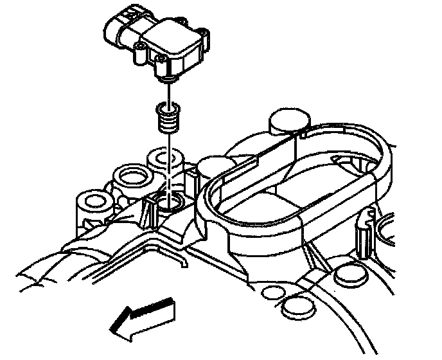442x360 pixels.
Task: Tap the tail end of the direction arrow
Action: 167,305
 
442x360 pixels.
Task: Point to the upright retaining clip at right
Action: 362,228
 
